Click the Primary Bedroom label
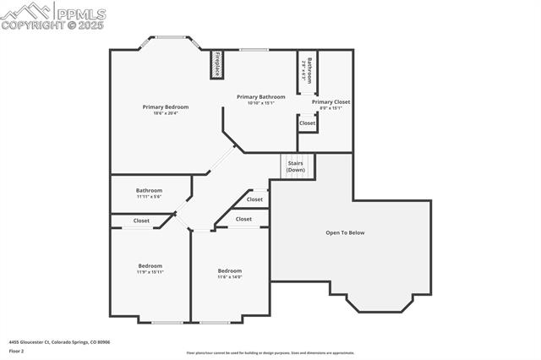[x=165, y=106]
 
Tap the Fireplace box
[x=216, y=65]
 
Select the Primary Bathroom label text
[x=260, y=96]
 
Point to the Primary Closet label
[x=331, y=101]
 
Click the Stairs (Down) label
[x=295, y=166]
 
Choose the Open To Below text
[x=345, y=232]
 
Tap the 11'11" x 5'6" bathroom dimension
[x=149, y=197]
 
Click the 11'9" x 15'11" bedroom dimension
[x=150, y=272]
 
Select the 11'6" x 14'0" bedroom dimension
[x=230, y=277]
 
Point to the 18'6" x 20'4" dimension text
[x=165, y=113]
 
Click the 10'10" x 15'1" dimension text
[x=260, y=103]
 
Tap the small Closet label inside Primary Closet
[x=308, y=123]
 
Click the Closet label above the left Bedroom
[x=141, y=221]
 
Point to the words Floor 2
[x=16, y=351]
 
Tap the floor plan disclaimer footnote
[x=270, y=353]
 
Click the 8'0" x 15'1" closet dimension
[x=331, y=108]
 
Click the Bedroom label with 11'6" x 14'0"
[x=230, y=270]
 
